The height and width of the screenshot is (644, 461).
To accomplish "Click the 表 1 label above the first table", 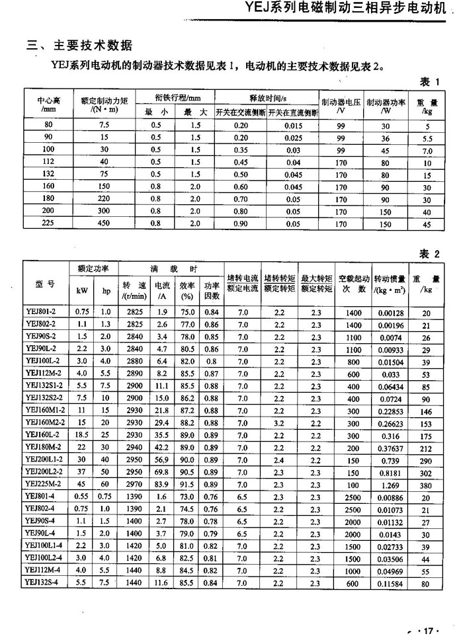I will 430,81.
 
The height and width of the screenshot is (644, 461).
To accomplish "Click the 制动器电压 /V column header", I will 341,106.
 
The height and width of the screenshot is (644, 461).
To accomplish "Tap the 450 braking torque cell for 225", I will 104,223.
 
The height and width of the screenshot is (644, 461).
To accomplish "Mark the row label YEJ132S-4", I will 43,583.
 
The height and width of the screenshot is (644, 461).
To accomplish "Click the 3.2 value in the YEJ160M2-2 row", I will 279,422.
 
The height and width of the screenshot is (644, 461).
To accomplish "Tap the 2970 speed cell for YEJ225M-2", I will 134,484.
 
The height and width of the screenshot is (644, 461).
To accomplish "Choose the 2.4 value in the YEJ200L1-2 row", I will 279,460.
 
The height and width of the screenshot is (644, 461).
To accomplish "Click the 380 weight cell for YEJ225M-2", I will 425,484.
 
